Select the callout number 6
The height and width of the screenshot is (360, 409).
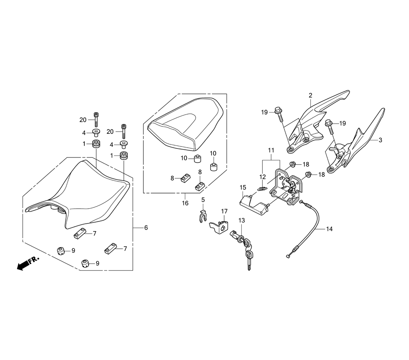pyautogui.click(x=146, y=227)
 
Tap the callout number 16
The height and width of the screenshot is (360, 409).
pyautogui.click(x=185, y=203)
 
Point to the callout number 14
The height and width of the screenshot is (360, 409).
pyautogui.click(x=329, y=229)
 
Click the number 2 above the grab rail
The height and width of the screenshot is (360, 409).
pyautogui.click(x=310, y=95)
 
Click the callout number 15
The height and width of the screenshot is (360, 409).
pyautogui.click(x=243, y=187)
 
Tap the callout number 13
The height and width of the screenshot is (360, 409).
pyautogui.click(x=241, y=220)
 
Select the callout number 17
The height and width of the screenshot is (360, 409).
pyautogui.click(x=224, y=211)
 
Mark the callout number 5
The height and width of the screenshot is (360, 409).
pyautogui.click(x=202, y=200)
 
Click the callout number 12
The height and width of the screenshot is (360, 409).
pyautogui.click(x=262, y=177)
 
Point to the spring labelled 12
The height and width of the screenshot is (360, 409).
pyautogui.click(x=262, y=189)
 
